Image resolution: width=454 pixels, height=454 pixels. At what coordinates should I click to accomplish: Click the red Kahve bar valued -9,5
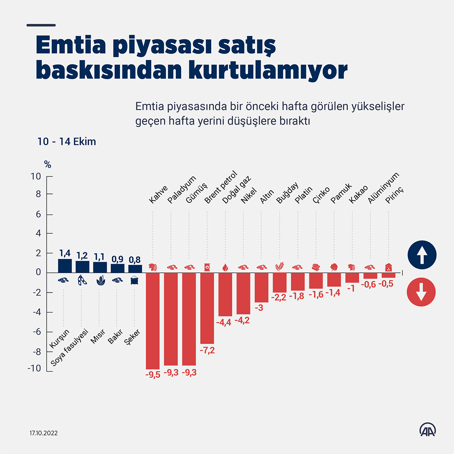point(153,321)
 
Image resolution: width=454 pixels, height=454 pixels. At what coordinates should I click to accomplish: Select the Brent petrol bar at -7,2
point(207,308)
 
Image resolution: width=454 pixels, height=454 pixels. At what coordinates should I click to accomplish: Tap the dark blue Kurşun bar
point(65,266)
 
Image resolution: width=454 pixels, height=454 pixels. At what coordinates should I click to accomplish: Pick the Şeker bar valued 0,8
point(135,269)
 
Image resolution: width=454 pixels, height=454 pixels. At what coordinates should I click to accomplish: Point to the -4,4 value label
point(225,323)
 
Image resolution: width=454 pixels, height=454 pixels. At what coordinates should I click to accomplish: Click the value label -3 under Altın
point(259,308)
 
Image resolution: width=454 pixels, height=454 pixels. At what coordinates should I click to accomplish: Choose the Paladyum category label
point(182,189)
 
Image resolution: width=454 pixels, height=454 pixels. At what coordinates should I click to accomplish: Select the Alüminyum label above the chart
point(383,187)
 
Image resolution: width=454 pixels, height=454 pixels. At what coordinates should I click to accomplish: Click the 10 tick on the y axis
point(36,176)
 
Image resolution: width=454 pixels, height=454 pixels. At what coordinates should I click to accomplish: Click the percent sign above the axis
point(47,165)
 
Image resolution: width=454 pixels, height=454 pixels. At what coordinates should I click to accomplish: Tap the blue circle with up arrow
point(422,255)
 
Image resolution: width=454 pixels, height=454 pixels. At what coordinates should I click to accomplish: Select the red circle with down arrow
point(422,292)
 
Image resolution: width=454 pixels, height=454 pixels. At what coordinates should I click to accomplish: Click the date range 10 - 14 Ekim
point(67,142)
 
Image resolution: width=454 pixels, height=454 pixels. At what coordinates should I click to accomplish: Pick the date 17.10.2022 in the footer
point(43,433)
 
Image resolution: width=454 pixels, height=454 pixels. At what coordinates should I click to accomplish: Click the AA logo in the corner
point(427,430)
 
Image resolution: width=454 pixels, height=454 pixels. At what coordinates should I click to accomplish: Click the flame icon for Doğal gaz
point(225,267)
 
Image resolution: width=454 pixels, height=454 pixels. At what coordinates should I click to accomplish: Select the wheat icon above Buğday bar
point(280,267)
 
